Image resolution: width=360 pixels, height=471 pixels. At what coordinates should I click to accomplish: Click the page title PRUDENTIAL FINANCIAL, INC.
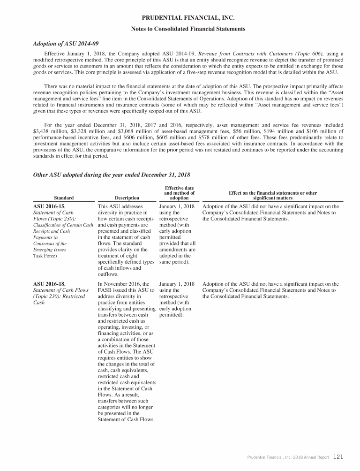point(187,18)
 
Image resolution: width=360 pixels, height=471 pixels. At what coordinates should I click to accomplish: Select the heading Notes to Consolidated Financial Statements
point(187,29)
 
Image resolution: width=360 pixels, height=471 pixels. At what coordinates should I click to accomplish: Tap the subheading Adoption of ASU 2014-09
point(65,44)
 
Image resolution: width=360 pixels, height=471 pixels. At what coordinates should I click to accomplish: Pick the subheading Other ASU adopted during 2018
point(112,175)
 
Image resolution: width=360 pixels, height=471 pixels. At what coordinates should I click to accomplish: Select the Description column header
point(127,198)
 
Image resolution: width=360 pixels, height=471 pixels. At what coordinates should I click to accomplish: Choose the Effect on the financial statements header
point(272,195)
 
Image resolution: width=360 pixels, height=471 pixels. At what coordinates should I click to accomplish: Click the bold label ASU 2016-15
point(49,206)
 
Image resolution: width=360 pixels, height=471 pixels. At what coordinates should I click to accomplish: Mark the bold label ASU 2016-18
point(49,284)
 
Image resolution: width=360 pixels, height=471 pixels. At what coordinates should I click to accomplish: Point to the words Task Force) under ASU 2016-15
point(45,256)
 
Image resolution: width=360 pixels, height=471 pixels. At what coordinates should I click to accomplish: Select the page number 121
point(338,456)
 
